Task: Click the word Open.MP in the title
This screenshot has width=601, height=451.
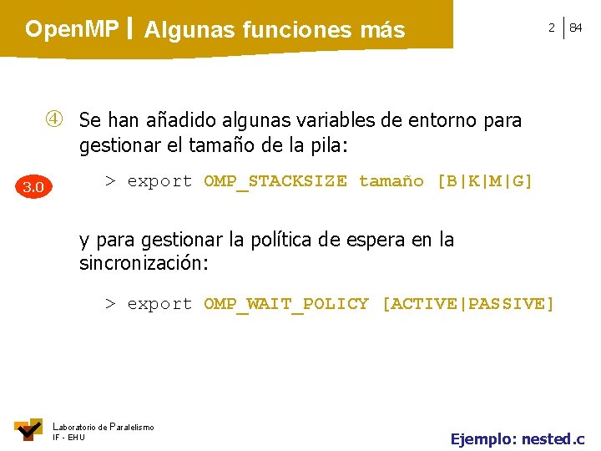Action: pyautogui.click(x=72, y=29)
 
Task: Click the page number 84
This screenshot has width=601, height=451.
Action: pyautogui.click(x=576, y=28)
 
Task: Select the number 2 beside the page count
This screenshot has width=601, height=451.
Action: pyautogui.click(x=551, y=28)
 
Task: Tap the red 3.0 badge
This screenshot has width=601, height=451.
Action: pyautogui.click(x=33, y=186)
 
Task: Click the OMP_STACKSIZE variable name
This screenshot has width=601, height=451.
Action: pyautogui.click(x=275, y=181)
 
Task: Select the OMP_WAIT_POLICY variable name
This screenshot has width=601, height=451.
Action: pyautogui.click(x=286, y=304)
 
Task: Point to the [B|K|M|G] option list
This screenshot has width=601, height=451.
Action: pyautogui.click(x=485, y=181)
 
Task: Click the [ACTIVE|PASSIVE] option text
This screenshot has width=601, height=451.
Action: pyautogui.click(x=467, y=304)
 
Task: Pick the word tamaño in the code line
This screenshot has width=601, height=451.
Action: pyautogui.click(x=391, y=181)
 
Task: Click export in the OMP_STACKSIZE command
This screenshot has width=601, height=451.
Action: pyautogui.click(x=159, y=181)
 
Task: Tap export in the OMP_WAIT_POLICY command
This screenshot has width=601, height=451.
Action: pyautogui.click(x=159, y=304)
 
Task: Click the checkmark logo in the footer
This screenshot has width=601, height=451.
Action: pyautogui.click(x=28, y=429)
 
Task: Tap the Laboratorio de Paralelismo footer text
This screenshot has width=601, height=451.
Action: pyautogui.click(x=104, y=427)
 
